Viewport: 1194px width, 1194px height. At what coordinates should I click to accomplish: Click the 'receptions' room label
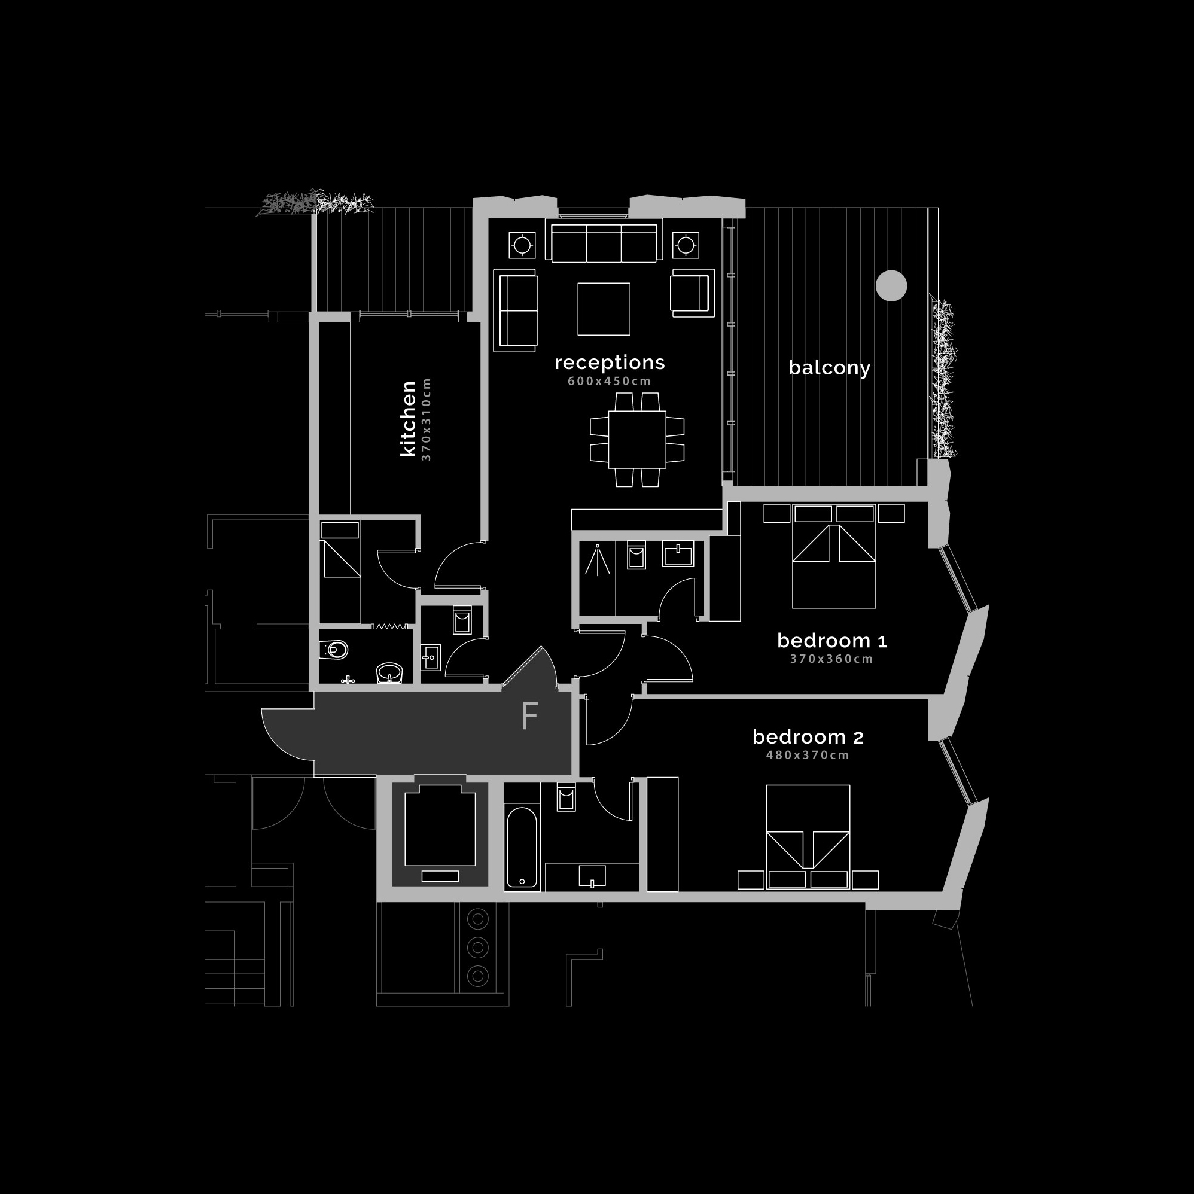(610, 363)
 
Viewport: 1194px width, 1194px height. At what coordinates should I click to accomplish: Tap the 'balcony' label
(829, 368)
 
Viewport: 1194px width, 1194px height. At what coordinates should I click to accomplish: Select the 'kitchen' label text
(409, 419)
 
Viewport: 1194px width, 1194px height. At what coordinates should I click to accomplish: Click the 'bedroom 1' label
(832, 641)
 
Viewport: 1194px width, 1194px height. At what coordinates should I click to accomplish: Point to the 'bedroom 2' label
(808, 736)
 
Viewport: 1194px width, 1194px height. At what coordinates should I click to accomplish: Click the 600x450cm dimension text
(610, 381)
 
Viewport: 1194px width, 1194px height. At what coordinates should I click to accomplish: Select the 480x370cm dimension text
(808, 754)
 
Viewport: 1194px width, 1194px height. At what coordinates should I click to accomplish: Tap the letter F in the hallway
(529, 716)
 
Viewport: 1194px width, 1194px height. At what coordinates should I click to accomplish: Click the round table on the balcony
(891, 286)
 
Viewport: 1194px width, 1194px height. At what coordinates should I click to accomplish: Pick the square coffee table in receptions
(604, 309)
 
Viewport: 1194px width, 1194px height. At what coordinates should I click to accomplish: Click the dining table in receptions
(637, 440)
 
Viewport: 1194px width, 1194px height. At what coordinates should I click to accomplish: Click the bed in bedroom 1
(834, 565)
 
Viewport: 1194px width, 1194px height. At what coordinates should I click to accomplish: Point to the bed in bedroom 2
(808, 837)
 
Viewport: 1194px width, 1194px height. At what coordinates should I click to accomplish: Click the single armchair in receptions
(692, 293)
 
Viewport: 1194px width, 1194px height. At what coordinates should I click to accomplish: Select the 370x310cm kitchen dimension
(426, 419)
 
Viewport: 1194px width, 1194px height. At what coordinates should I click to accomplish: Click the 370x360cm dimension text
(832, 659)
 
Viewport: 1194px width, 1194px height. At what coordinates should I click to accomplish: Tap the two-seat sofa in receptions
(516, 310)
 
